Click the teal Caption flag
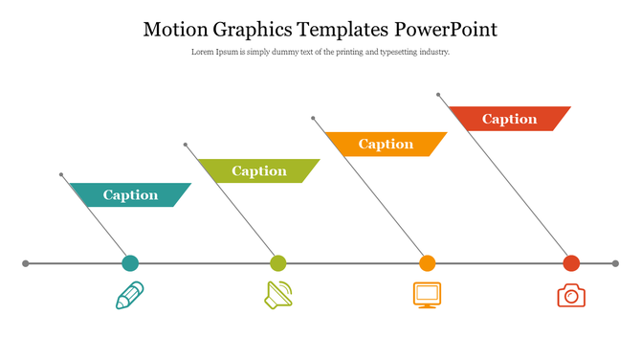130,195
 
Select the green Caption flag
258,171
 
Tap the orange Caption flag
386,145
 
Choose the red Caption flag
509,119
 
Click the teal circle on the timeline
130,263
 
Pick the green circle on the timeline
278,263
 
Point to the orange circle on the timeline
428,263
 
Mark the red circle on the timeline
571,263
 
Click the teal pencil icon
129,295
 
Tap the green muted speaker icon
278,295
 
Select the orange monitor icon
427,294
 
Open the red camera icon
571,295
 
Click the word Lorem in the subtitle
202,52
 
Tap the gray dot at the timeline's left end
26,263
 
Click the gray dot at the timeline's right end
614,263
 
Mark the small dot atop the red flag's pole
438,95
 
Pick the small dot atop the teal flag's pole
61,175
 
